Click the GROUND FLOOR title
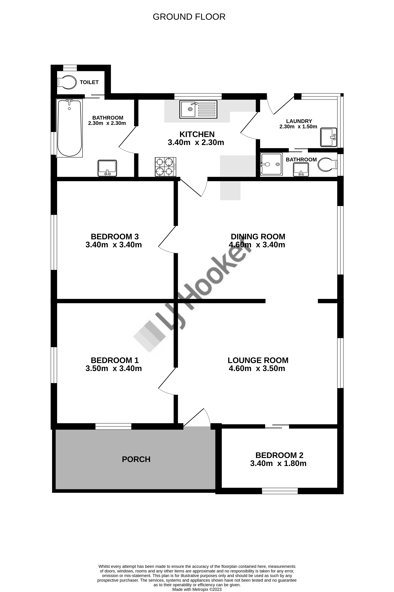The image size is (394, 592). click(189, 17)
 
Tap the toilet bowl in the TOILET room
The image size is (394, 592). click(67, 82)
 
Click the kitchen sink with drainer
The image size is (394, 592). click(198, 109)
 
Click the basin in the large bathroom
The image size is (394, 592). click(107, 168)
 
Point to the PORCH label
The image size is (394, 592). click(136, 459)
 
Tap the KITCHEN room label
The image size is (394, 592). click(197, 134)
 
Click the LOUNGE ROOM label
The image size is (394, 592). click(258, 360)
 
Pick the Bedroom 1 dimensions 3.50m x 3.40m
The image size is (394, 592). click(114, 368)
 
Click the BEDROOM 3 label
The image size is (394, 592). click(115, 237)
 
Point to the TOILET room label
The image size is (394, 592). click(89, 82)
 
